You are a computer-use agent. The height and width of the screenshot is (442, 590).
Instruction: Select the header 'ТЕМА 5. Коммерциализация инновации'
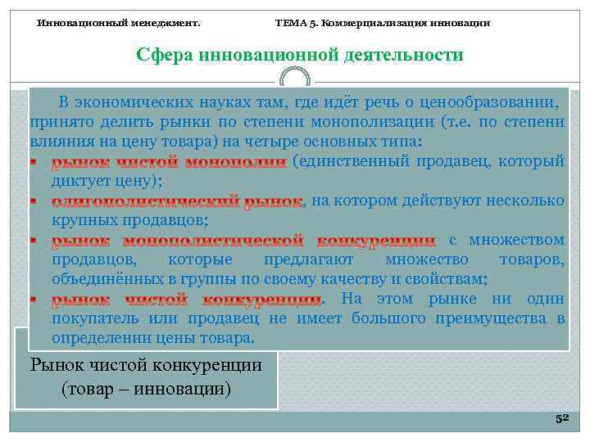(x=382, y=22)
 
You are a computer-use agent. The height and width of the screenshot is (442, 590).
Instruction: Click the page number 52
(x=561, y=418)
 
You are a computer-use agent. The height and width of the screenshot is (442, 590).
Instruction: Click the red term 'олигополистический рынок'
(x=177, y=201)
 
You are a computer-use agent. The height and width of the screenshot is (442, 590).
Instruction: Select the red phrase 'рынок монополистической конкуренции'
(x=243, y=241)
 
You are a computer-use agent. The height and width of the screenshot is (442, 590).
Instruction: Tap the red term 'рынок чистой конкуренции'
(x=188, y=299)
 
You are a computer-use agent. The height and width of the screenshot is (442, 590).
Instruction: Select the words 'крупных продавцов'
(x=128, y=221)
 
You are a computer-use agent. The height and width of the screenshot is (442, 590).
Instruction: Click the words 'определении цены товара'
(x=152, y=337)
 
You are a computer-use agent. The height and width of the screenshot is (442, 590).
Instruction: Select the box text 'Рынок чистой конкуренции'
(x=146, y=364)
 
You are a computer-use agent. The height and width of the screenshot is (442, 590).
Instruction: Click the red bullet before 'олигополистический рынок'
(x=34, y=201)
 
